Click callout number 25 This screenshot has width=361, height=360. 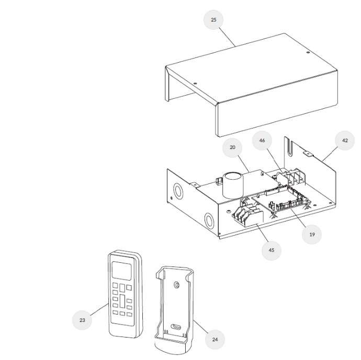tap(213, 20)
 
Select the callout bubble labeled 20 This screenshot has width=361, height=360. tap(232, 147)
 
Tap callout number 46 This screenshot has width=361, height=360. tap(262, 141)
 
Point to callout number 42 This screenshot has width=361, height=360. tap(345, 141)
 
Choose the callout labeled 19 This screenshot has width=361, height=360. tap(312, 234)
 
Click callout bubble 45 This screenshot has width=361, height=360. tap(272, 250)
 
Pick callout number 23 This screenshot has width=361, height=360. tap(82, 320)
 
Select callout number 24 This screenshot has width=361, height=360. tap(215, 339)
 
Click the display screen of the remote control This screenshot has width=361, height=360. tap(121, 271)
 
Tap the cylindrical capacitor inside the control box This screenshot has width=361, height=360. tap(232, 185)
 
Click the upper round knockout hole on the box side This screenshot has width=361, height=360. tap(178, 190)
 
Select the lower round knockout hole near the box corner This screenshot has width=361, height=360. tap(209, 220)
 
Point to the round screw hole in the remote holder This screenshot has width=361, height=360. tap(177, 285)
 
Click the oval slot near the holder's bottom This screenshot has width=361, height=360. tap(176, 327)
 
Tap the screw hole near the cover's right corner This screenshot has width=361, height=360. tap(308, 53)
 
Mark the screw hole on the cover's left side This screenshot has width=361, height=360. tap(195, 84)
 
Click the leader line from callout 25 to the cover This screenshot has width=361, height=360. tap(227, 37)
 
